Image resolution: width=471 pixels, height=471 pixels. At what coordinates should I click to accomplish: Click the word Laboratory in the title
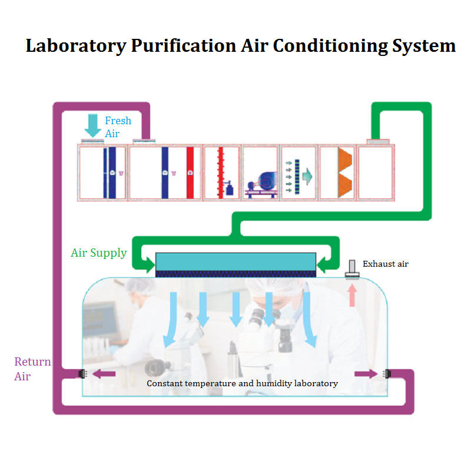[74, 46]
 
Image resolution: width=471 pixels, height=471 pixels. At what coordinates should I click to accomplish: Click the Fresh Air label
[118, 127]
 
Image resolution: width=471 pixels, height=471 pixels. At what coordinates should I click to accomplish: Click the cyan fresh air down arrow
[92, 125]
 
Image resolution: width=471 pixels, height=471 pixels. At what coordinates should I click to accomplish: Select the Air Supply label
[98, 253]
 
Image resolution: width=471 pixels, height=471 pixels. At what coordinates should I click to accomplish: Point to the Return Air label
[32, 369]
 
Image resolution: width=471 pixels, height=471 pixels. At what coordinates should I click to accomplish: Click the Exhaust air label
[385, 264]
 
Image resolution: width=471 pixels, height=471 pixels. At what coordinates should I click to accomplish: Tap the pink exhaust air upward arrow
[353, 294]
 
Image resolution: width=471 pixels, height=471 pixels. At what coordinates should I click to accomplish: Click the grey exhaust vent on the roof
[353, 270]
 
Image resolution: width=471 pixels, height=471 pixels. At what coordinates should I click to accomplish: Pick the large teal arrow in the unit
[307, 174]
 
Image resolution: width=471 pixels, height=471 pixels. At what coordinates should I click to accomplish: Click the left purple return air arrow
[105, 373]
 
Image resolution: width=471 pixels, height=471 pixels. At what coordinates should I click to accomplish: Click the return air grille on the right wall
[386, 373]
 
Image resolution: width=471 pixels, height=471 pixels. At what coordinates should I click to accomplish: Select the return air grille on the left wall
[83, 373]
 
